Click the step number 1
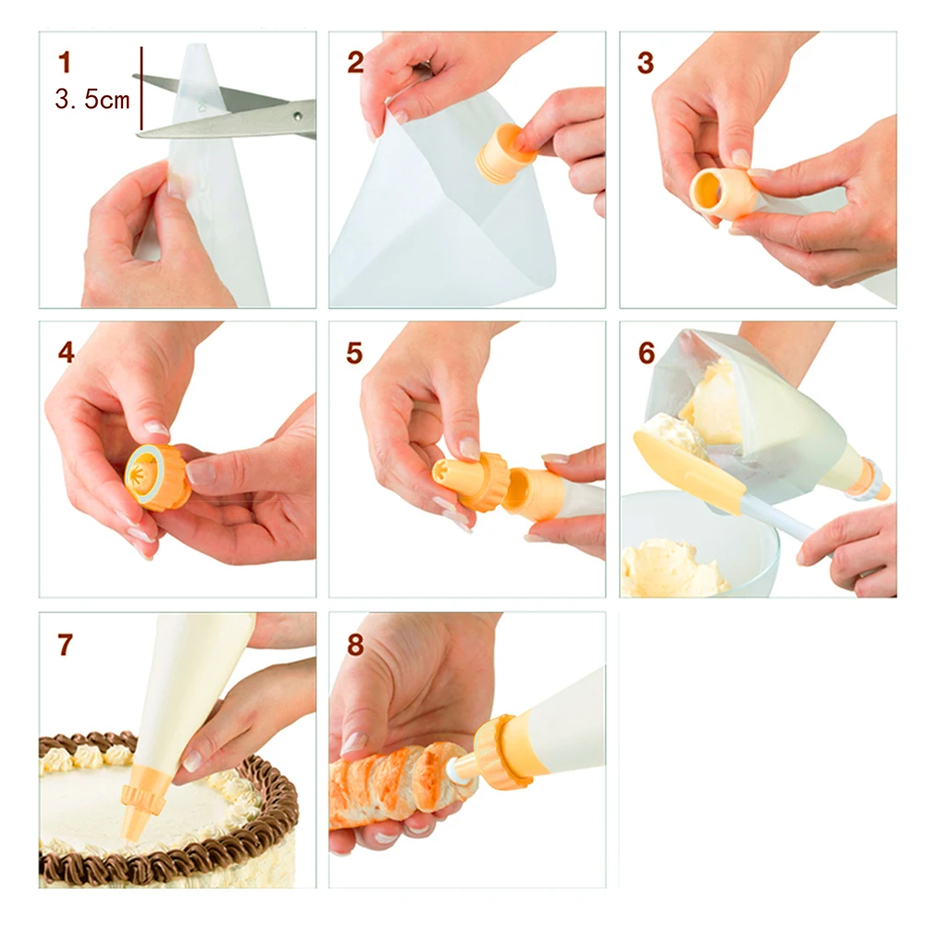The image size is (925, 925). coord(65,63)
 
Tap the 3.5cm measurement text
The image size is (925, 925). coord(92,99)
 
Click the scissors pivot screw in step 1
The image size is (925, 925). coord(297,117)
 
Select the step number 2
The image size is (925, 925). coord(355,63)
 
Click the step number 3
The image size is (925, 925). coord(646,63)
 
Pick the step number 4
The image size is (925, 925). coord(66,352)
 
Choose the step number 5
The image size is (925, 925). coord(354,352)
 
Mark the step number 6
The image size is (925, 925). coord(647,352)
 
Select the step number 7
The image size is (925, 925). coord(65,644)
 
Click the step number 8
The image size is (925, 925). coord(355,644)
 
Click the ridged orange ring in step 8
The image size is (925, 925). coord(496,752)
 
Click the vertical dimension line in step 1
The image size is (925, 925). coord(142,88)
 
